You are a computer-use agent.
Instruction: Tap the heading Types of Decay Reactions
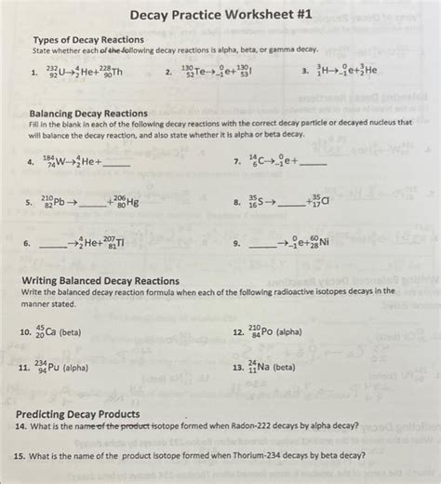point(88,40)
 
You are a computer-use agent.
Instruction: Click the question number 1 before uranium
point(33,73)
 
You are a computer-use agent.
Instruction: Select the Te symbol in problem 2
point(206,73)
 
